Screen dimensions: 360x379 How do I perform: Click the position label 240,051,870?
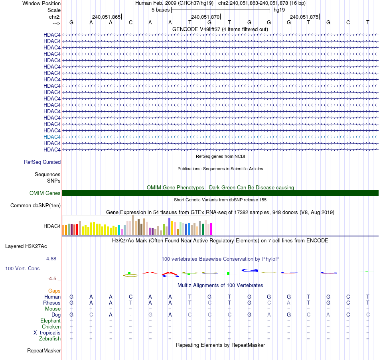point(205,17)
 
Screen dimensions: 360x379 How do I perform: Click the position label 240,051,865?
point(106,17)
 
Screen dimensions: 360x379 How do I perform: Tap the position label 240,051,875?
point(304,17)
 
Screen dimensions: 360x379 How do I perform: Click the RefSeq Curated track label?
point(42,162)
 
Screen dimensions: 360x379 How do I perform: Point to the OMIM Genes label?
point(45,193)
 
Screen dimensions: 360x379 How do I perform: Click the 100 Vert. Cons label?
point(22,269)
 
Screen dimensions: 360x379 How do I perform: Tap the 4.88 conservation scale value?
point(52,259)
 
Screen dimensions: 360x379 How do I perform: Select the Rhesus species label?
point(52,303)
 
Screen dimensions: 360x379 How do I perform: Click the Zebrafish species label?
point(50,339)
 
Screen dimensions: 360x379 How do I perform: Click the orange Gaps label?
point(54,291)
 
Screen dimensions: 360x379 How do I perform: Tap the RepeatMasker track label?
point(44,351)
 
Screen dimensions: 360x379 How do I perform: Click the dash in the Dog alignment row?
point(130,315)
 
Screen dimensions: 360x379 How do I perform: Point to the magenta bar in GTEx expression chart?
point(211,229)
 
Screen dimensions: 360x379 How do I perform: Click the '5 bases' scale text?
point(160,10)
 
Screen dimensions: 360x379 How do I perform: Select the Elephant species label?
point(50,321)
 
